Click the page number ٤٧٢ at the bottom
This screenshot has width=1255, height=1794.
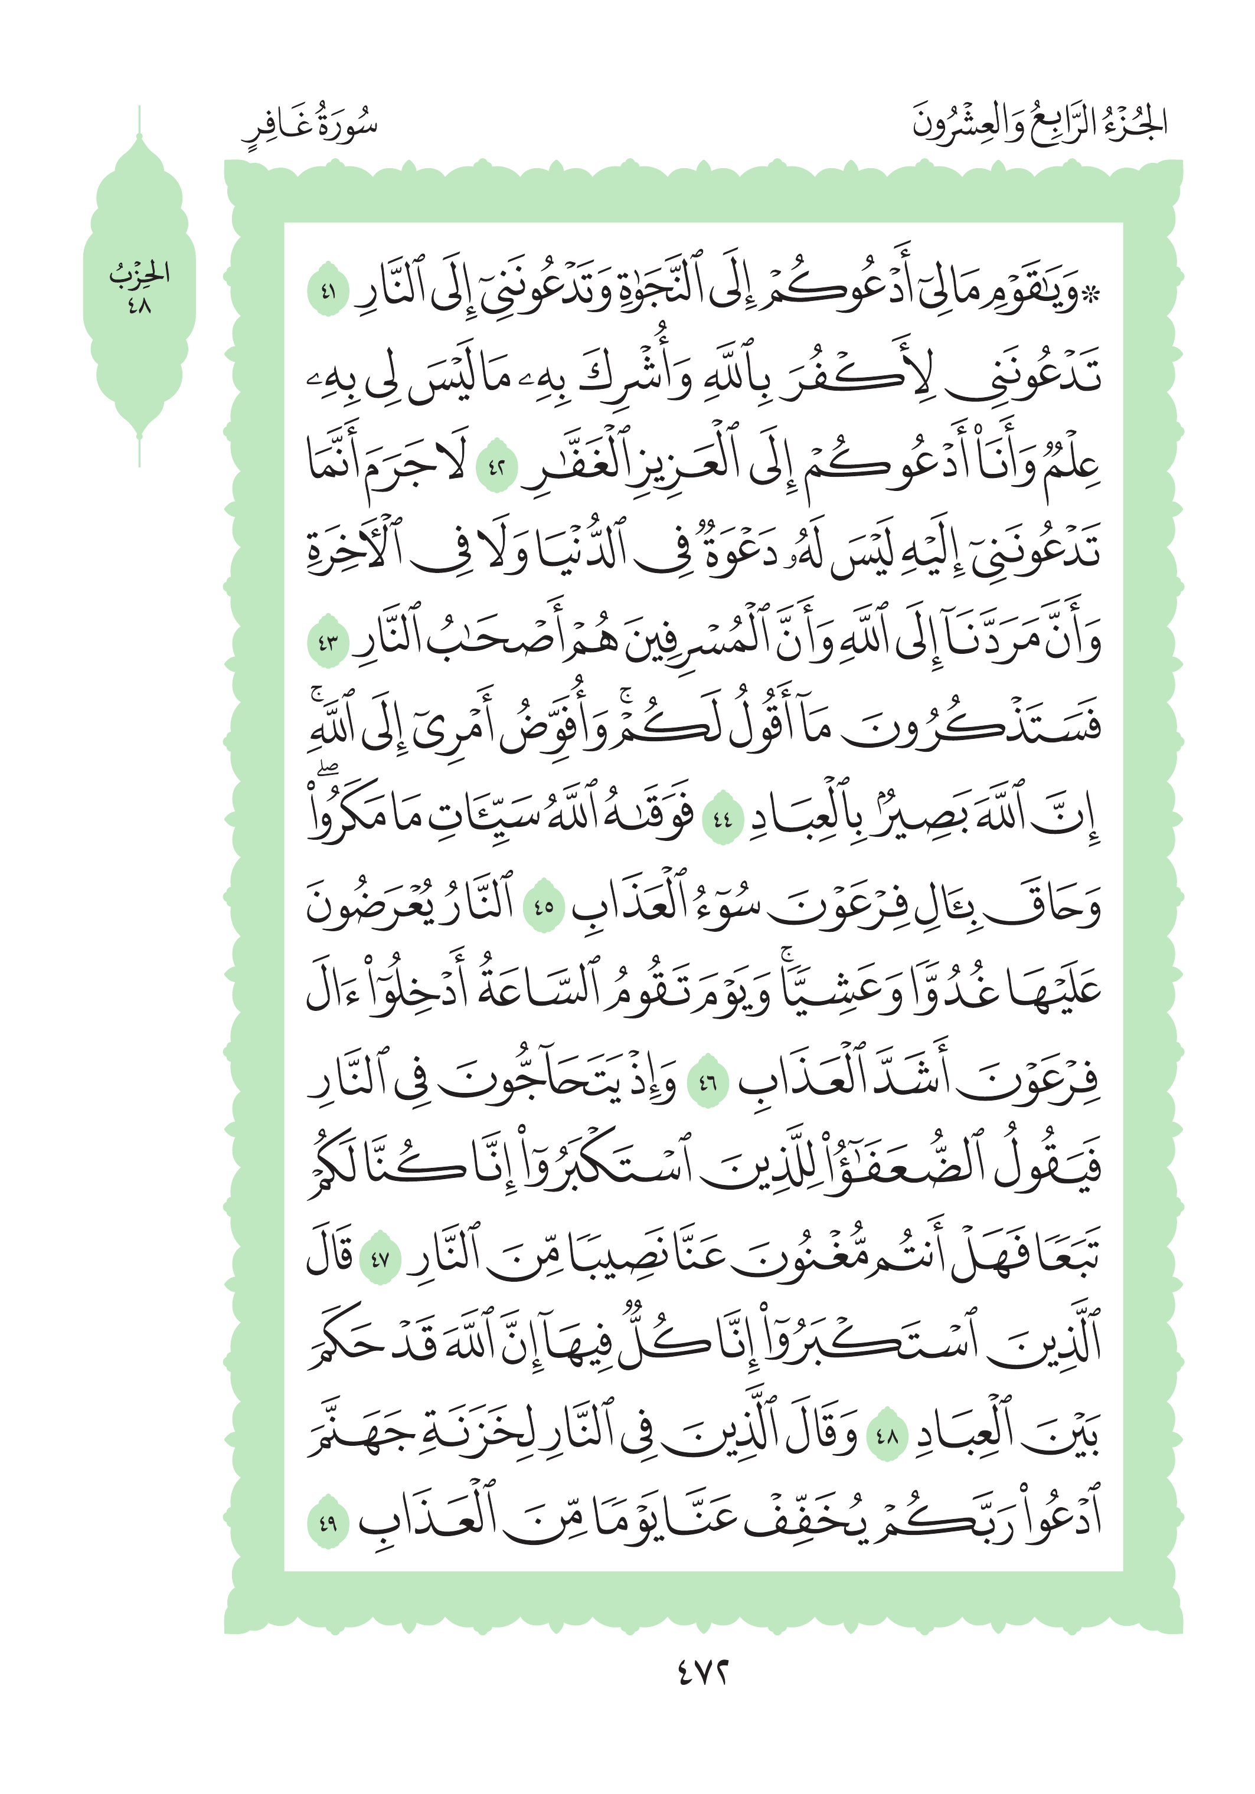[x=702, y=1673]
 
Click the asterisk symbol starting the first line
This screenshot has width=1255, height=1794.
[x=1091, y=295]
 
